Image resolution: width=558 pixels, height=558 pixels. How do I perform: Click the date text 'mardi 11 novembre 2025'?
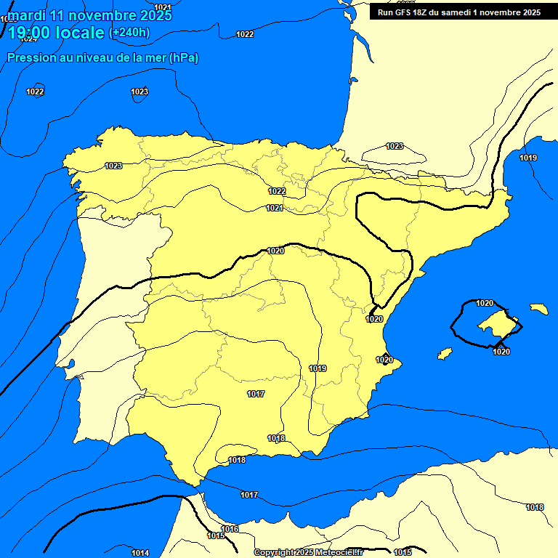(90, 15)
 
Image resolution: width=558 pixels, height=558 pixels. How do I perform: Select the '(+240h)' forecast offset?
(129, 33)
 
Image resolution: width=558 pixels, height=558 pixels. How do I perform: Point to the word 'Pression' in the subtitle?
(29, 57)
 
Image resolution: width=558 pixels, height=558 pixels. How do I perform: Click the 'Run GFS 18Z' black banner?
(456, 12)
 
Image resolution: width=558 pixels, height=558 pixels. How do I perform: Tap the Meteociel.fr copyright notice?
(308, 553)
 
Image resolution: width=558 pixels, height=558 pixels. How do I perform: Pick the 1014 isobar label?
(140, 553)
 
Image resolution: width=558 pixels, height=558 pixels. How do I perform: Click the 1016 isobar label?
(230, 529)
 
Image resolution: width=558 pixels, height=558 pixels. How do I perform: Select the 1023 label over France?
(395, 146)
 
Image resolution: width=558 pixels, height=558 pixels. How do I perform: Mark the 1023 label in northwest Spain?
(113, 166)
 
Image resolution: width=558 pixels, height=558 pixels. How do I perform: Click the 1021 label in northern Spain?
(274, 209)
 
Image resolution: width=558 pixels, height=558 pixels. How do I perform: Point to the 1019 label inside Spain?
(318, 368)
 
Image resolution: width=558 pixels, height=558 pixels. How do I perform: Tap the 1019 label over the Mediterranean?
(528, 158)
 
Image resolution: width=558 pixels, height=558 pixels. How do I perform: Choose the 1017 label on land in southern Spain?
(256, 394)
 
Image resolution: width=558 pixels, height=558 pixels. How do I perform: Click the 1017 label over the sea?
(249, 495)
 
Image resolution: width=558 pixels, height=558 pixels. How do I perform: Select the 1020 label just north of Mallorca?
(485, 303)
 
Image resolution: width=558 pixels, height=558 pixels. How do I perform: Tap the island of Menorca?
(538, 309)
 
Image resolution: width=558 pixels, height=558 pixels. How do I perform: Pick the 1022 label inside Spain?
(277, 191)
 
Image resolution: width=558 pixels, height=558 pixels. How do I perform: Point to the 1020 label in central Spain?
(275, 251)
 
